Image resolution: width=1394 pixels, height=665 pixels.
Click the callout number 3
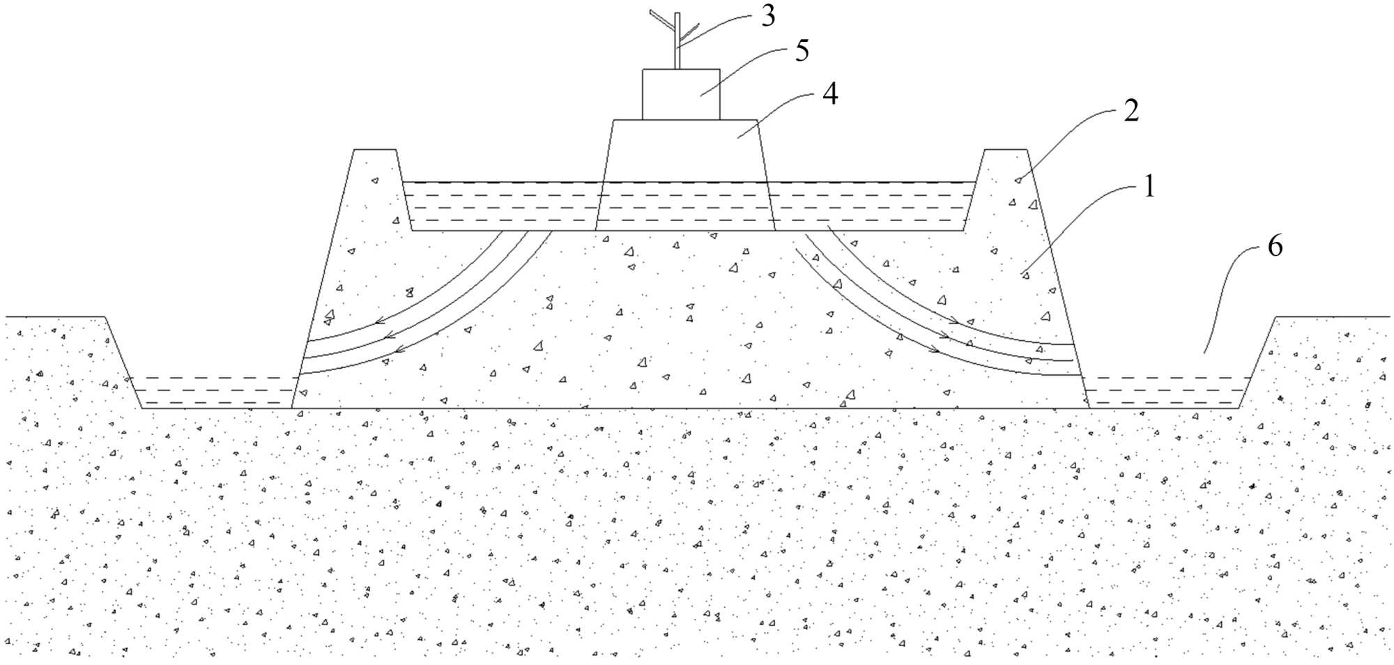click(x=767, y=16)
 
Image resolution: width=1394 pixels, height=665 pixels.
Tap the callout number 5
click(x=802, y=52)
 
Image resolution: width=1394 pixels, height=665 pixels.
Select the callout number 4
click(x=829, y=94)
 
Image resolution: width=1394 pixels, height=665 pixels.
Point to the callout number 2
click(x=1131, y=111)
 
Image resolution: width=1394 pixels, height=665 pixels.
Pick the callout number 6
click(x=1274, y=247)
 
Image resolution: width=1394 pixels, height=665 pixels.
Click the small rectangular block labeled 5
click(x=680, y=94)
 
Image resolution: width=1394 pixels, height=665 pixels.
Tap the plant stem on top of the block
click(x=677, y=42)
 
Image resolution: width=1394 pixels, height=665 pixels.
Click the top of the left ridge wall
click(x=375, y=150)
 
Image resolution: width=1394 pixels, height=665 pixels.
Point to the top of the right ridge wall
click(x=1005, y=150)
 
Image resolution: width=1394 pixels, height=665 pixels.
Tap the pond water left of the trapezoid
click(x=502, y=206)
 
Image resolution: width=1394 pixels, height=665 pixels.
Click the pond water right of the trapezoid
click(x=871, y=206)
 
